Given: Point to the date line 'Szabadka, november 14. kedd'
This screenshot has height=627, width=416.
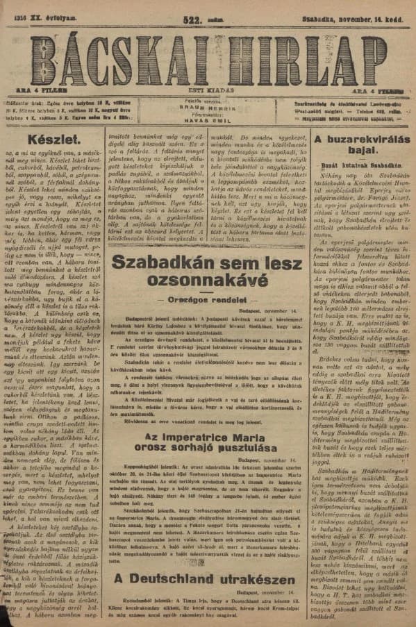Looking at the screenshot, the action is point(362,8).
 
